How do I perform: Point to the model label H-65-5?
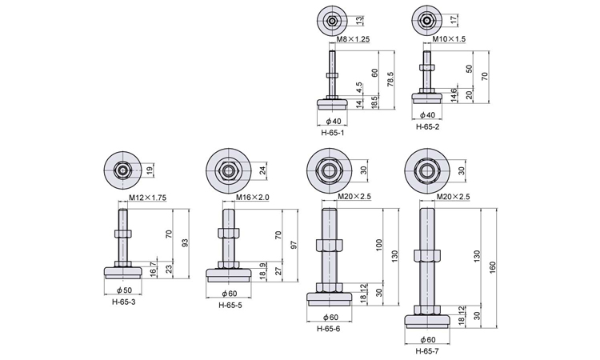tap(232, 304)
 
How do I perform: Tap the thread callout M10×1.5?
tap(450, 38)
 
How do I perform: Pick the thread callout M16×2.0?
tap(254, 197)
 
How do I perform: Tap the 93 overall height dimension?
tap(185, 242)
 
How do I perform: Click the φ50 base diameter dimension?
tap(124, 290)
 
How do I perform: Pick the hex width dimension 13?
tap(360, 19)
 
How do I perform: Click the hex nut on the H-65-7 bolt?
tap(425, 258)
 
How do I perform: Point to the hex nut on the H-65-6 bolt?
tap(329, 246)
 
